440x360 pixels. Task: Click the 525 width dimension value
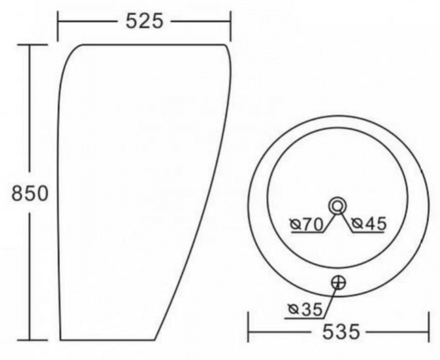coord(144,21)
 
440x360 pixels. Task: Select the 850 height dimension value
coord(30,193)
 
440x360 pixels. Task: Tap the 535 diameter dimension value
coord(341,332)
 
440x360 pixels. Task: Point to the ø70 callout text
coord(307,224)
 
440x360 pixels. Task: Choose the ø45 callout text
coord(369,223)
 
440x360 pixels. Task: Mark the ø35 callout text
coord(306,309)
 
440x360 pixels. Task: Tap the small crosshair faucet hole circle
coord(338,283)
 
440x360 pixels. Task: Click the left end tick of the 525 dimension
coord(58,26)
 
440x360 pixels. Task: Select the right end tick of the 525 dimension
coord(230,26)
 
